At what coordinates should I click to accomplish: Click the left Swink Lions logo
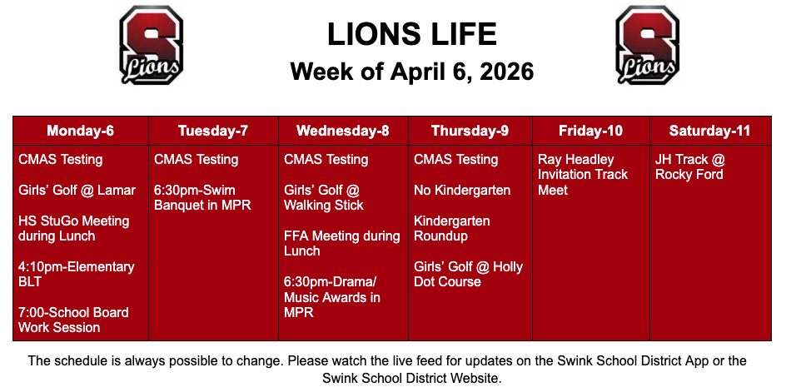click(x=151, y=44)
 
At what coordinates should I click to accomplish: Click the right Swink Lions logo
click(x=646, y=44)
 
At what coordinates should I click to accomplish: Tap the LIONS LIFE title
click(x=411, y=34)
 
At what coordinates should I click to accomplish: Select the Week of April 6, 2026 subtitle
click(x=411, y=72)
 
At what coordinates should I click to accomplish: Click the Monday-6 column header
click(x=80, y=131)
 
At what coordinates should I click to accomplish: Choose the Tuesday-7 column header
click(x=212, y=131)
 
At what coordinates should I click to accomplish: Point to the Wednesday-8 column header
click(x=342, y=131)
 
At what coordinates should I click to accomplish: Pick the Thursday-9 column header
click(x=470, y=131)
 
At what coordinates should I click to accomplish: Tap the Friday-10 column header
click(x=590, y=131)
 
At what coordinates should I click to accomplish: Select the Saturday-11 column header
click(x=710, y=131)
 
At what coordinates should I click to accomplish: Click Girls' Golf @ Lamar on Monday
click(x=77, y=191)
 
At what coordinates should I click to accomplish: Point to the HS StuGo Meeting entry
click(x=73, y=229)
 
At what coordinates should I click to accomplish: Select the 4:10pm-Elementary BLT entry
click(x=76, y=275)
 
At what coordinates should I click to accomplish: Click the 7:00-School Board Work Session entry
click(x=73, y=320)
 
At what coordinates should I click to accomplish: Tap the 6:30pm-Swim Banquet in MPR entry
click(x=202, y=198)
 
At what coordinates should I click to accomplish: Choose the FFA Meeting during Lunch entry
click(x=341, y=244)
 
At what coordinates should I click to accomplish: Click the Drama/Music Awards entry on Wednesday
click(x=331, y=297)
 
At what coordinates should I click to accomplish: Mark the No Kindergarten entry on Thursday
click(x=462, y=191)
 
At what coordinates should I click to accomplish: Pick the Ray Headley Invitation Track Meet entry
click(x=582, y=175)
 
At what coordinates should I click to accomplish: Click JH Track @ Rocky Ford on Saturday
click(x=689, y=167)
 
